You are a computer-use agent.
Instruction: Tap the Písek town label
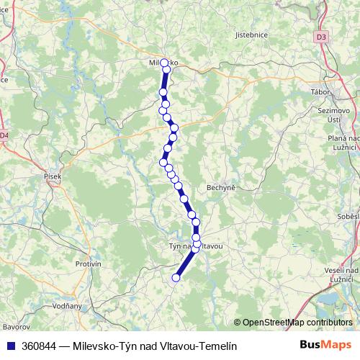(53, 176)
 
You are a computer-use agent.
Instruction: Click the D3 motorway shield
(322, 36)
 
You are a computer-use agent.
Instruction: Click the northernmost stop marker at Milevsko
(164, 63)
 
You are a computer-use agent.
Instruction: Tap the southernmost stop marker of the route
(176, 277)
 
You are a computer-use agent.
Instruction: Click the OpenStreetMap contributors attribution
(297, 323)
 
